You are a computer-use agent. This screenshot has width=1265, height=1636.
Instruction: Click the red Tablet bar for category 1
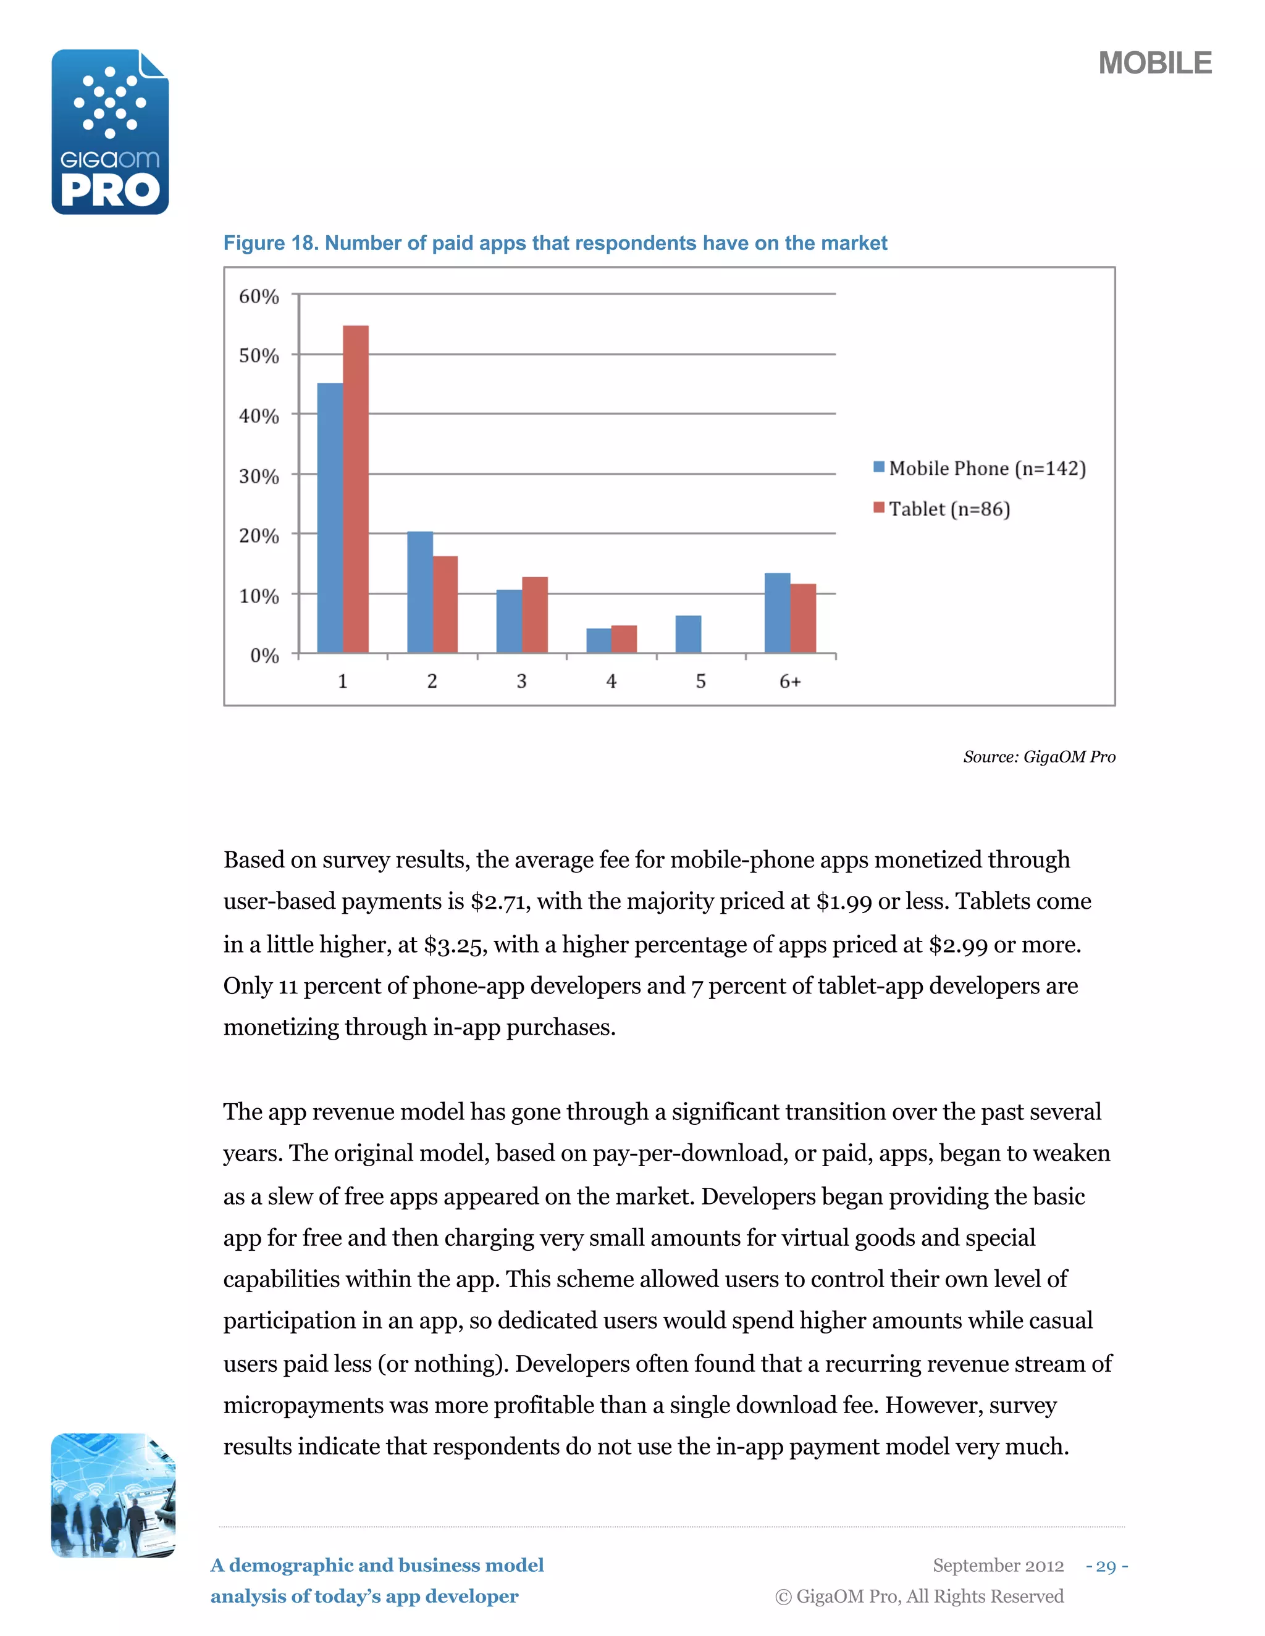[x=355, y=488]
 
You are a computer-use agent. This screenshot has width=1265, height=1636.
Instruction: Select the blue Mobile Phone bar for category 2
[x=419, y=592]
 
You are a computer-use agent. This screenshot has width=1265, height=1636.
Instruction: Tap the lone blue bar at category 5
[x=688, y=634]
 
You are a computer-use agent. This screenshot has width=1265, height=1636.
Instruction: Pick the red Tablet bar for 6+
[x=802, y=618]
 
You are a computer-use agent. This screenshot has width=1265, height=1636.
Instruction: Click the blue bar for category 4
[x=598, y=640]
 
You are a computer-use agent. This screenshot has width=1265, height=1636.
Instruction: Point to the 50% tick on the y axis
[x=259, y=356]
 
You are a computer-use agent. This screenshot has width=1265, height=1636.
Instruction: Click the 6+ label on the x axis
[x=790, y=681]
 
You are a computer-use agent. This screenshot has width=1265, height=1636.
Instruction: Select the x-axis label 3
[x=521, y=681]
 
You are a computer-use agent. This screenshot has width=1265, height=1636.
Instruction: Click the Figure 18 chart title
[x=555, y=243]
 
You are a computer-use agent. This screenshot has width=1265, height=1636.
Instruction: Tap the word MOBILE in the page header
[x=1154, y=64]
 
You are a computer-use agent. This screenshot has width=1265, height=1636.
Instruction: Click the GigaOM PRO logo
[x=110, y=133]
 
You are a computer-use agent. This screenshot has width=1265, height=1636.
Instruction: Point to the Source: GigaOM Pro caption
[x=1039, y=757]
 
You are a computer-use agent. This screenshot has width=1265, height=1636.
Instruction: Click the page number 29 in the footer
[x=1106, y=1566]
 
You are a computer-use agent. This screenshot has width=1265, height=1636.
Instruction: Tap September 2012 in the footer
[x=998, y=1566]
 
